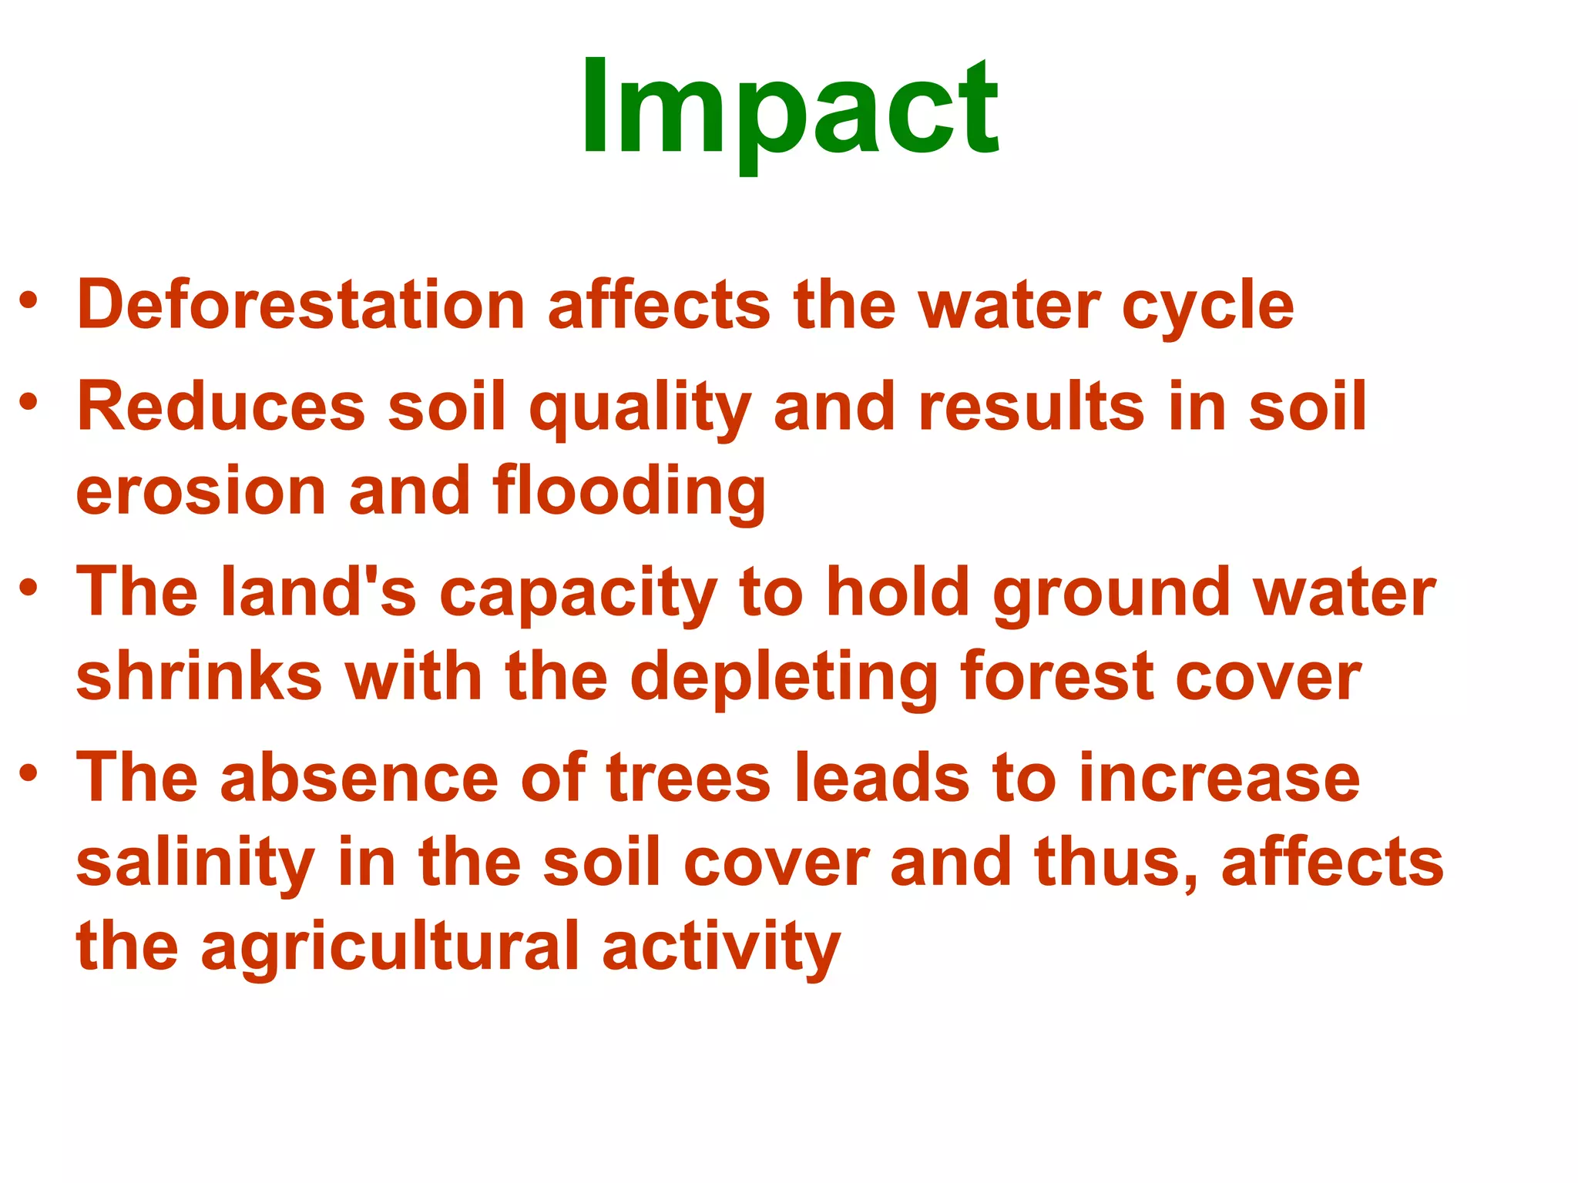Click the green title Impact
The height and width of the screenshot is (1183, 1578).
click(789, 108)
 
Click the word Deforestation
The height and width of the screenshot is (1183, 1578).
click(300, 305)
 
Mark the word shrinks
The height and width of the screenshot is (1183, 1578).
click(199, 676)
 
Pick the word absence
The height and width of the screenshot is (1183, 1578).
click(359, 778)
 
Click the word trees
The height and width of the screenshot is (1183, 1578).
click(688, 778)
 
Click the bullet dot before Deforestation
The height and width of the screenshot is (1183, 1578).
click(29, 301)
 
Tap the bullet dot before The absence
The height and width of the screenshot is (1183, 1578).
click(29, 772)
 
